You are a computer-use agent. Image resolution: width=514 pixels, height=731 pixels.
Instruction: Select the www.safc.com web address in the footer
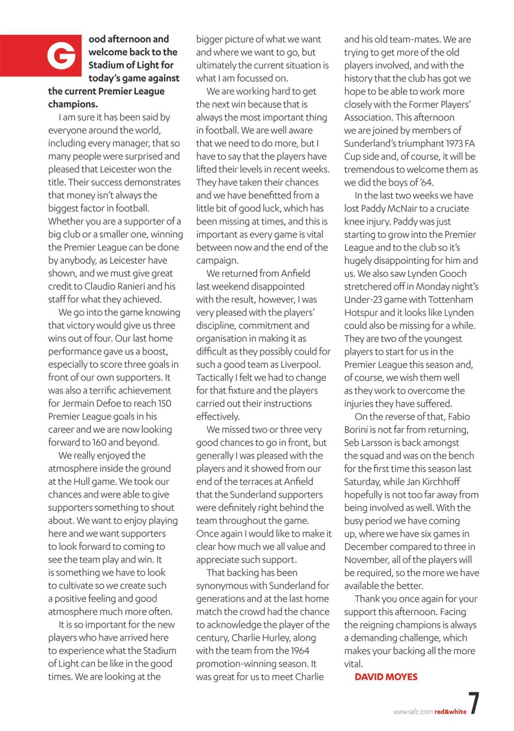click(x=412, y=712)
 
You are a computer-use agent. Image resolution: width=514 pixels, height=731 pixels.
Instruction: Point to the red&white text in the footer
click(x=449, y=712)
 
